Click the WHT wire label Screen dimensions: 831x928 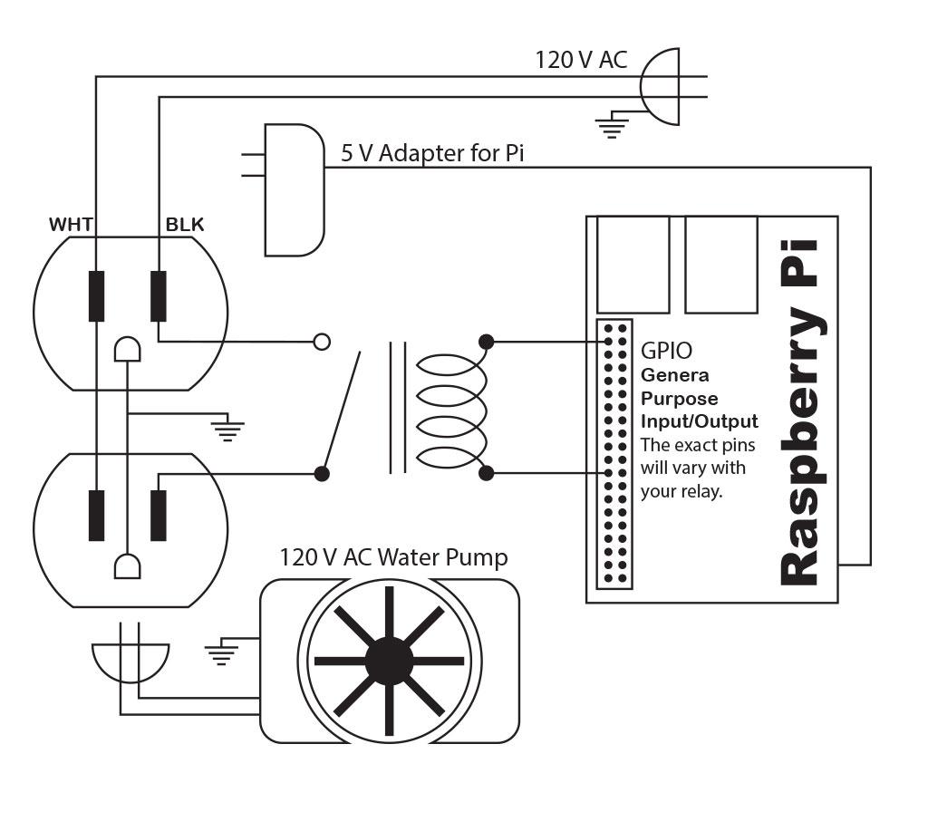(71, 225)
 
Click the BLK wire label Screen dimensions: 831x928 (184, 225)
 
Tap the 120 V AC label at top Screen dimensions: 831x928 (581, 62)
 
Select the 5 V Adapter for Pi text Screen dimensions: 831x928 (432, 152)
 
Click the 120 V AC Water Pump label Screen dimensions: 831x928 (393, 556)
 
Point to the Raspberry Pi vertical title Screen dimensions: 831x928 (798, 412)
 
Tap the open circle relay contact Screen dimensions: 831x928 (321, 342)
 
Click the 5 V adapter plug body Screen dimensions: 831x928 (294, 189)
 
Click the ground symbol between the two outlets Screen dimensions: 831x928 (227, 428)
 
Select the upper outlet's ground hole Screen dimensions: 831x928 (128, 350)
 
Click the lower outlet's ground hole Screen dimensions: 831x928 (127, 566)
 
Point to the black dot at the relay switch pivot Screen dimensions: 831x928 (321, 473)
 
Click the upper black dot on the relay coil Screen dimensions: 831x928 (487, 342)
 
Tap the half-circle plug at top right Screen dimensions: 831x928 (659, 86)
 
